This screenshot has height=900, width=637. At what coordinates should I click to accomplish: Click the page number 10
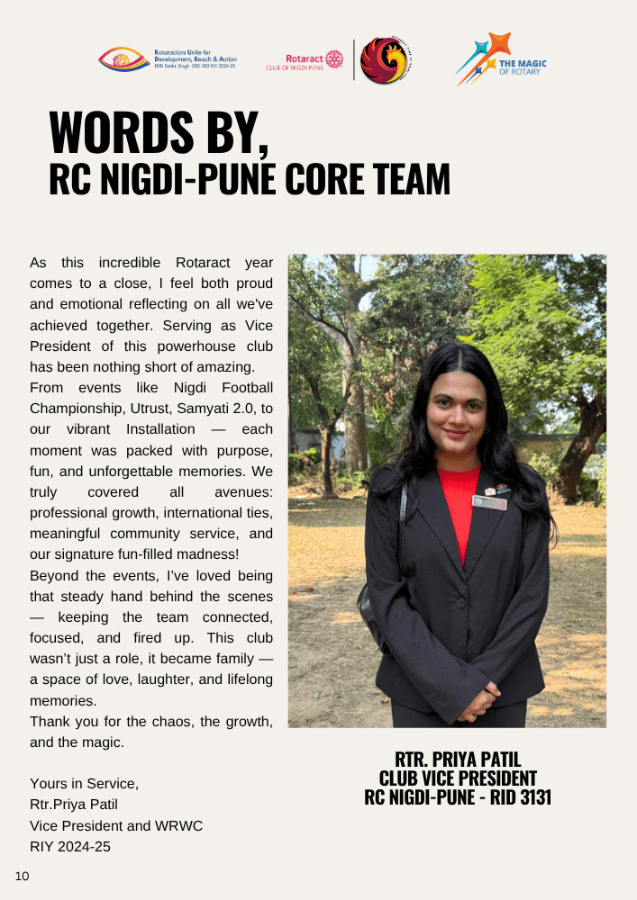tap(22, 875)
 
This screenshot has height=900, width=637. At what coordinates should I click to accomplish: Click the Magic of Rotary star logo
tap(487, 59)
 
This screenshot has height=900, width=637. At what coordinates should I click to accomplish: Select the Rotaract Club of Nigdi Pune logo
tap(305, 61)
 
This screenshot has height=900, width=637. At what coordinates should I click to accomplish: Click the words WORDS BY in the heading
tap(159, 134)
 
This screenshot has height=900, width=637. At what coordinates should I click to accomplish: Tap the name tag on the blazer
tap(489, 502)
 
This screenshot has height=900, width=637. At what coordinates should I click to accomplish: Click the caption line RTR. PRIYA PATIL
tap(458, 760)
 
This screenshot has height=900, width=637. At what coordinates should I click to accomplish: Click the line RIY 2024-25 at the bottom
tap(70, 846)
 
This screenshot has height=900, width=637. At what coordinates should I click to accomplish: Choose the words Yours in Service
tap(84, 784)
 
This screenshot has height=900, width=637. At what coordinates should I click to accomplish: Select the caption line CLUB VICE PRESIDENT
tap(458, 778)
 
